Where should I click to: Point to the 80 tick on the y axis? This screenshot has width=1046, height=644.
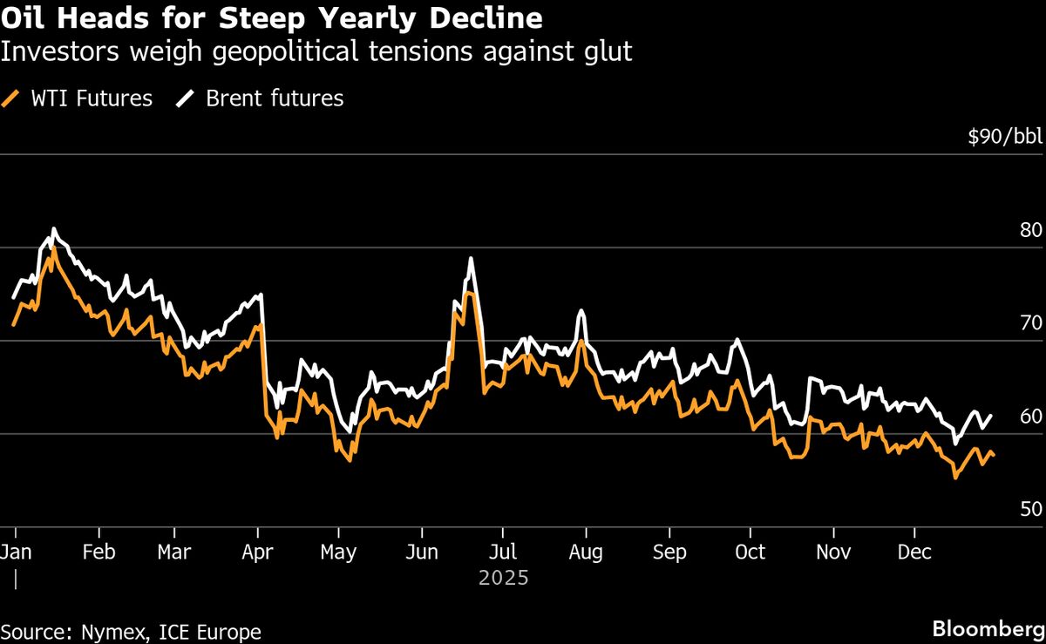coord(1031,231)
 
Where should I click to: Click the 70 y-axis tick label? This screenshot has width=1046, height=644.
coord(1031,323)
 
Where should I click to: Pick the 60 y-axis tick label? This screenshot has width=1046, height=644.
coord(1031,417)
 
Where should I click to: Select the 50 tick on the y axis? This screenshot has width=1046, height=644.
coord(1031,509)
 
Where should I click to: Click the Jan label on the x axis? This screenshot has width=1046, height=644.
coord(17,552)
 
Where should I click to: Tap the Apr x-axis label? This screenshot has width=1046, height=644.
coord(258,552)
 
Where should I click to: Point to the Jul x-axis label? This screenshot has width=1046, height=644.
coord(502,552)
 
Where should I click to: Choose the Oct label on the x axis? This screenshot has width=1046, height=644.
coord(750,552)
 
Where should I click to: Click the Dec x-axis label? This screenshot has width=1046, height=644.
coord(914,552)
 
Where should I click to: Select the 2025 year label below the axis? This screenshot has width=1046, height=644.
coord(503,577)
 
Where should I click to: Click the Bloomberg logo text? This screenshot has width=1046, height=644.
coord(988,628)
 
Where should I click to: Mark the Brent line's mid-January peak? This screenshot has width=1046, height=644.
coord(54,229)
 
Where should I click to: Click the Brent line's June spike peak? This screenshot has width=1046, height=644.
coord(471,258)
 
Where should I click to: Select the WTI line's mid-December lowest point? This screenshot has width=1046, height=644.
coord(955,478)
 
